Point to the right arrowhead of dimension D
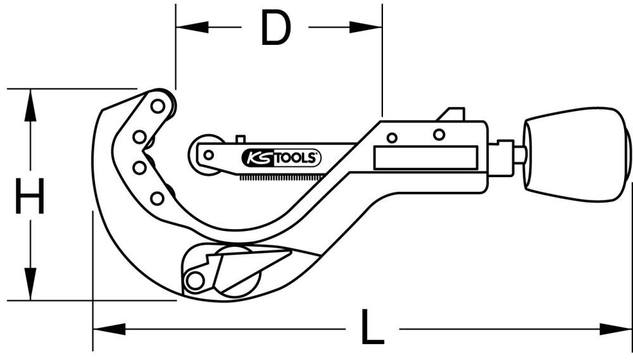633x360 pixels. click(x=368, y=28)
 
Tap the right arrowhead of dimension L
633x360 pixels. click(x=617, y=329)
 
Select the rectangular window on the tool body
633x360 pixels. click(x=425, y=158)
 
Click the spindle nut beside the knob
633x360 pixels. click(x=505, y=158)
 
